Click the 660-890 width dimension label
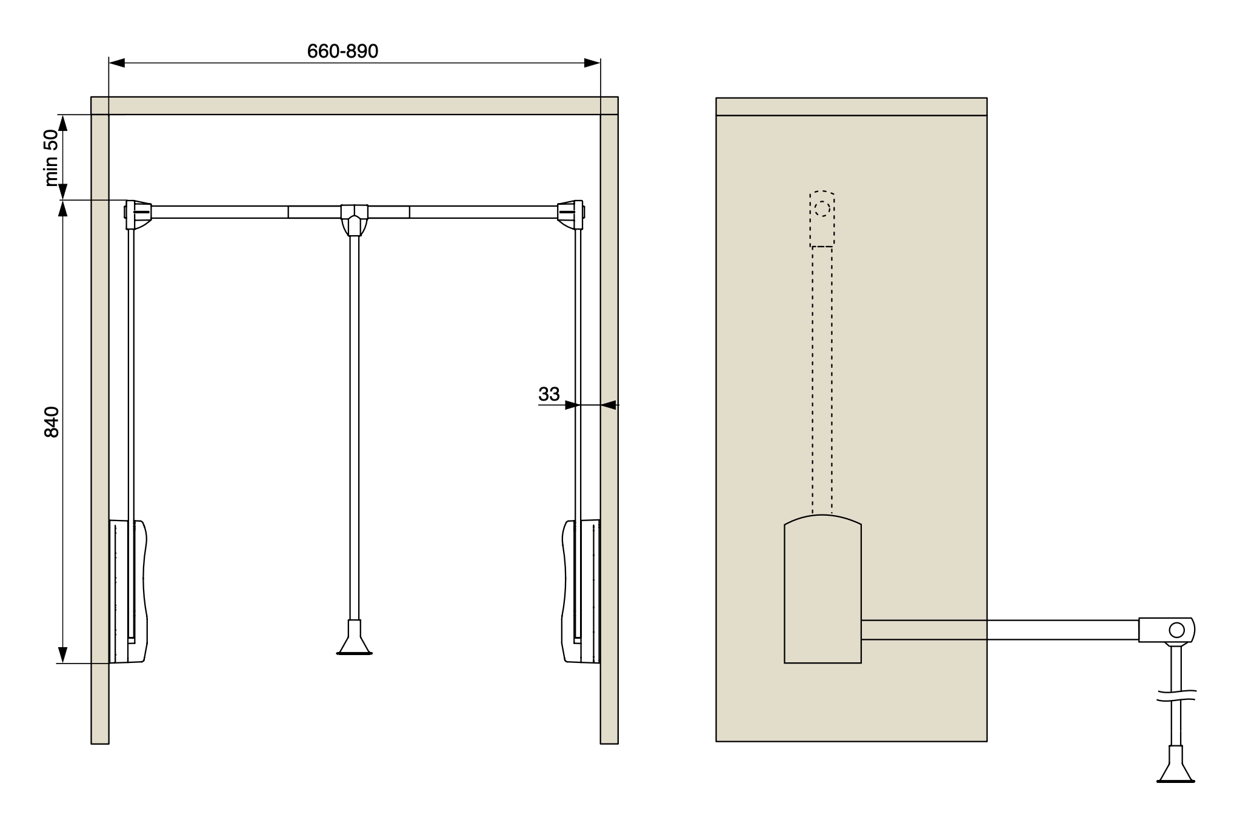tap(342, 52)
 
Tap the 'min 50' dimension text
tap(52, 158)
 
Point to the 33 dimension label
tap(549, 394)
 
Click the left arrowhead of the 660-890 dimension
tap(116, 63)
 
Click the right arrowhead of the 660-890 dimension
tap(592, 63)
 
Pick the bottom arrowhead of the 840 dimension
tap(62, 655)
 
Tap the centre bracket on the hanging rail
tap(355, 219)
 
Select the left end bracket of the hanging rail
tap(138, 215)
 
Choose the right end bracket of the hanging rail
tap(571, 215)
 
